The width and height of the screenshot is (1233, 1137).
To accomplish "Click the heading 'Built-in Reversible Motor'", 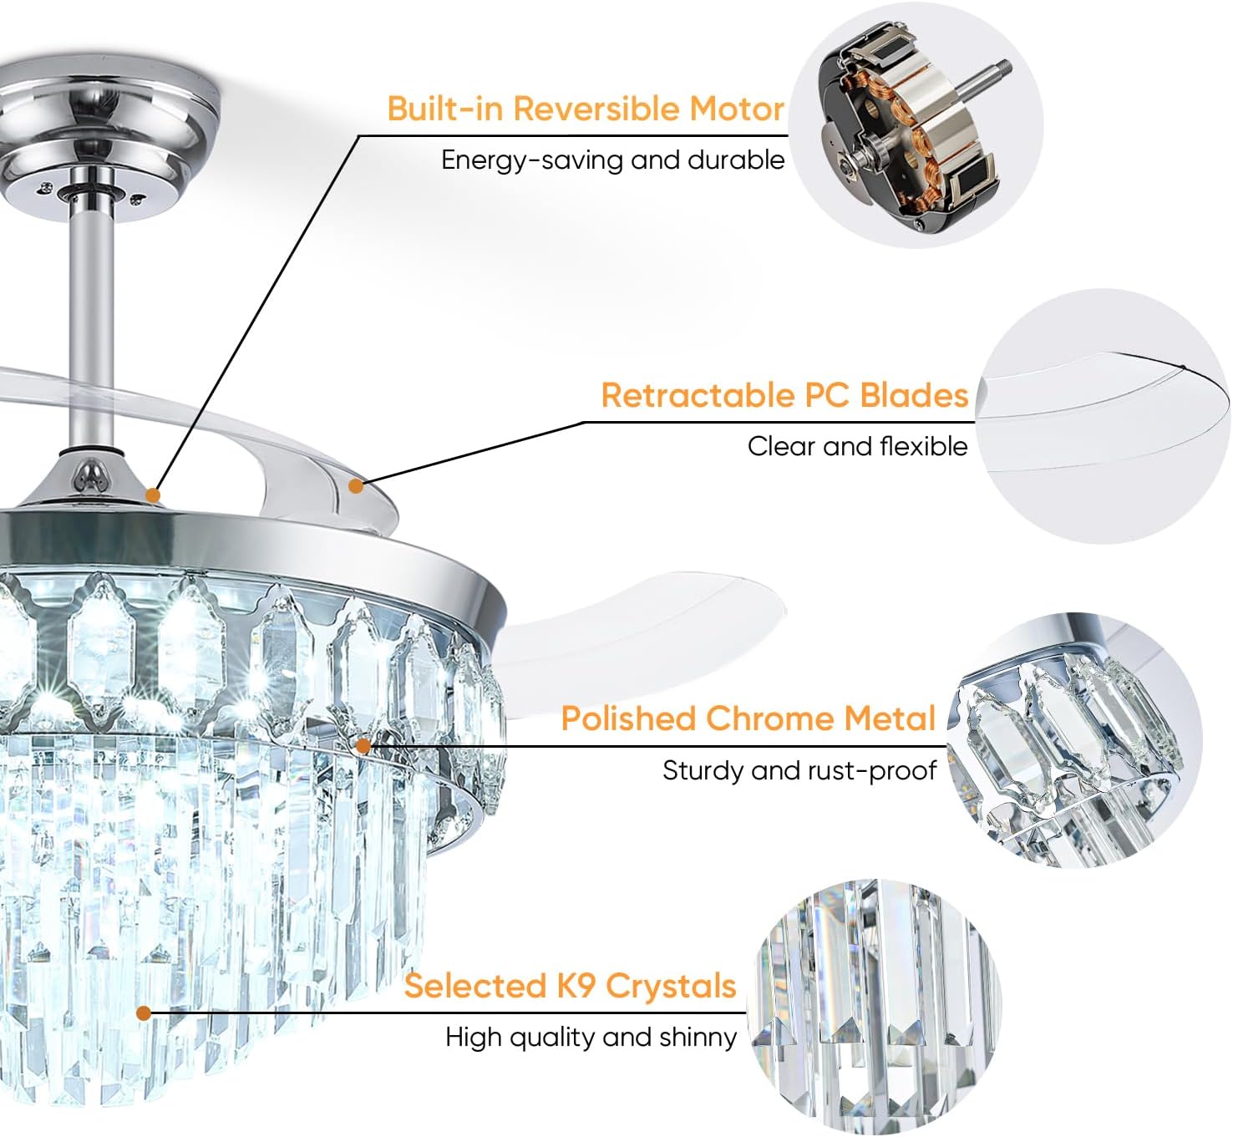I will pos(585,109).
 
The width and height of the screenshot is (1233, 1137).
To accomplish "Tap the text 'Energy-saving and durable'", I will pos(612,160).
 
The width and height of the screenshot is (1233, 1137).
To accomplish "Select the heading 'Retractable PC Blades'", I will pos(784,395).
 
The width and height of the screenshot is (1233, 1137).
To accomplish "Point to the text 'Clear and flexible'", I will pos(856,446).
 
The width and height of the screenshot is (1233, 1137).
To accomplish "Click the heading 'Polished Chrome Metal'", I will pos(748,718).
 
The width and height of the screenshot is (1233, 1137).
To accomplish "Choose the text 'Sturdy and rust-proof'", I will pos(799,770).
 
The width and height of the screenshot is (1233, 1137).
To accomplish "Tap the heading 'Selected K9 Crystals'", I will pos(570,986).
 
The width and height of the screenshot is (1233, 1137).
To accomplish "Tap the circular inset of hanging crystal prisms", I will pos(873,1007).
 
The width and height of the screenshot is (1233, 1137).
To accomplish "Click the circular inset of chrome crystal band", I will pos(1073,739).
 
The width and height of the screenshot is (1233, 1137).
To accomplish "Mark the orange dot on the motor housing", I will pos(152,495).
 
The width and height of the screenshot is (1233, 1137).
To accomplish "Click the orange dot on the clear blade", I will pos(356,485).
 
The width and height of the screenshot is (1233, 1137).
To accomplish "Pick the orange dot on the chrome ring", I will pos(363,745).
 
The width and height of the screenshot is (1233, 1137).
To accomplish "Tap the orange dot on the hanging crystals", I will pos(144,1013).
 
